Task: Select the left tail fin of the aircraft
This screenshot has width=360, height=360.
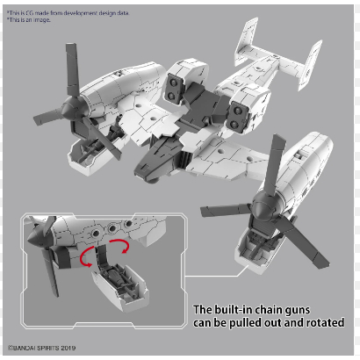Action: (248, 41)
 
